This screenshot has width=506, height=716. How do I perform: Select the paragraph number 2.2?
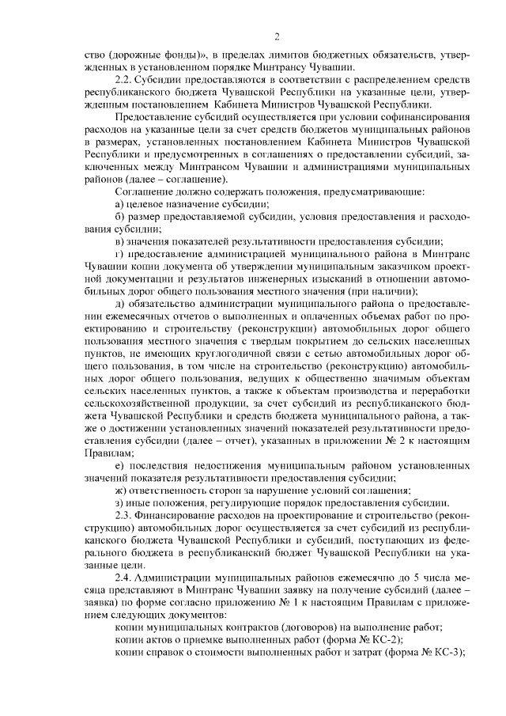[x=123, y=81]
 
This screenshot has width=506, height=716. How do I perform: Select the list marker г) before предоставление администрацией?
[x=119, y=254]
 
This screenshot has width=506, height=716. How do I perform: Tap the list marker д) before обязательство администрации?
[x=119, y=304]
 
